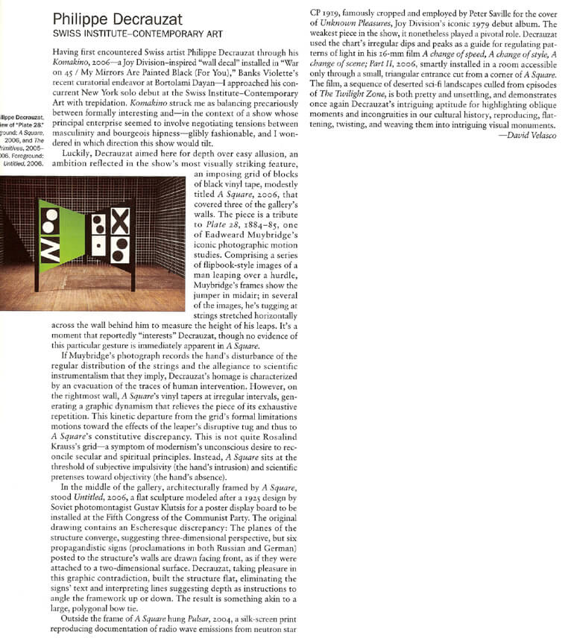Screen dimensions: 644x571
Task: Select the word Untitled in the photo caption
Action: click(14, 164)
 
